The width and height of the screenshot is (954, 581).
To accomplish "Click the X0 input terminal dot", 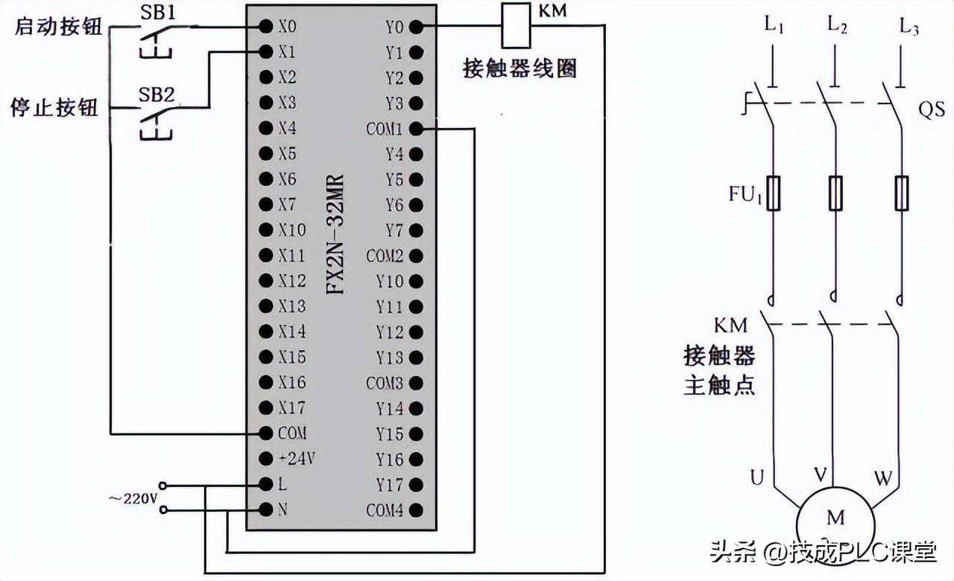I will tap(265, 26).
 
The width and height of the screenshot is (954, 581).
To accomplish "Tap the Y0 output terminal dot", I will tap(416, 27).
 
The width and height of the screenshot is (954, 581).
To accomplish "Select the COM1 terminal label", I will tap(384, 129).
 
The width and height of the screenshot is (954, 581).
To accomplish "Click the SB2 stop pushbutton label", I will tap(157, 95).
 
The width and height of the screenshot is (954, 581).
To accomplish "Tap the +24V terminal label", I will tap(297, 459).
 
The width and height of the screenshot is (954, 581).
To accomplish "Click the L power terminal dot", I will tap(265, 484).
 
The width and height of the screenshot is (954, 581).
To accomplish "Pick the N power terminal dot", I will tap(265, 510).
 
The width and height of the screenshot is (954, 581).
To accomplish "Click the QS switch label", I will tap(931, 110).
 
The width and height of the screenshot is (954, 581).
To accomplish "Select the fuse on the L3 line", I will tap(903, 193).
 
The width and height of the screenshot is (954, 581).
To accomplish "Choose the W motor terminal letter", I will tap(883, 477).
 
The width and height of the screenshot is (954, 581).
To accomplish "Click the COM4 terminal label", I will tap(384, 511).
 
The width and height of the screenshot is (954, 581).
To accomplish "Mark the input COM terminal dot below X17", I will tap(265, 433).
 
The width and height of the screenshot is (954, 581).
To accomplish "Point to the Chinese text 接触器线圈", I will tap(519, 69).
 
